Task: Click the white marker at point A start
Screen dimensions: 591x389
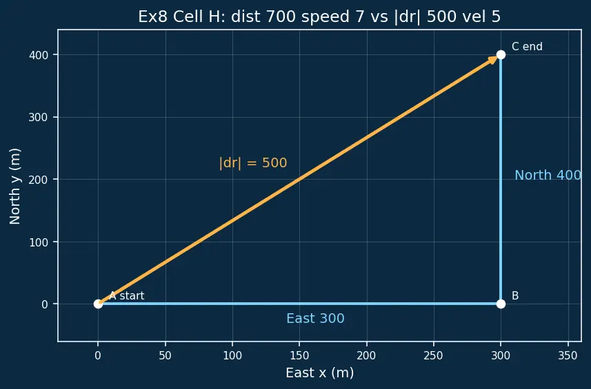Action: pos(98,304)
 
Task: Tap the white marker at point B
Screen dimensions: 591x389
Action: pos(501,304)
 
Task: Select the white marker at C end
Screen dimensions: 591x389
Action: pos(501,54)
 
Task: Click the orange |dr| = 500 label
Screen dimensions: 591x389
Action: pos(253,163)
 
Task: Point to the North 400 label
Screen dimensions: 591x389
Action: pos(548,175)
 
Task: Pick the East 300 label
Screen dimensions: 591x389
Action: pos(315,318)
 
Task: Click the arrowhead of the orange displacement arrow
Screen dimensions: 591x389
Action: pos(493,59)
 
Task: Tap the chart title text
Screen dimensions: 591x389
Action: pos(319,17)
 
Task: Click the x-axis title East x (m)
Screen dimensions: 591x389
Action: pos(319,372)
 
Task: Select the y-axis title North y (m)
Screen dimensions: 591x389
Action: pos(14,186)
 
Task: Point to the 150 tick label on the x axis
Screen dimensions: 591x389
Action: pos(299,355)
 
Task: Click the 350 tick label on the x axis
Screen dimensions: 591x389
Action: pos(568,355)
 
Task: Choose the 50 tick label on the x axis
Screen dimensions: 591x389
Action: pos(165,355)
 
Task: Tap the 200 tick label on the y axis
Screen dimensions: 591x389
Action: pos(39,180)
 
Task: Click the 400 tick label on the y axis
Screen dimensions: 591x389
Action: pos(39,55)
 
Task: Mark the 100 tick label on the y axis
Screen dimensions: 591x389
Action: pos(39,242)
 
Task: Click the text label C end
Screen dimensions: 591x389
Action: pos(527,46)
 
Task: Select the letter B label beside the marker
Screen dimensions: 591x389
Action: pos(515,295)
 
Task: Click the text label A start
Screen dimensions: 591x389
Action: pos(127,295)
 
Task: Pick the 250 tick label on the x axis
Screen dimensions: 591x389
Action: pos(434,355)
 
